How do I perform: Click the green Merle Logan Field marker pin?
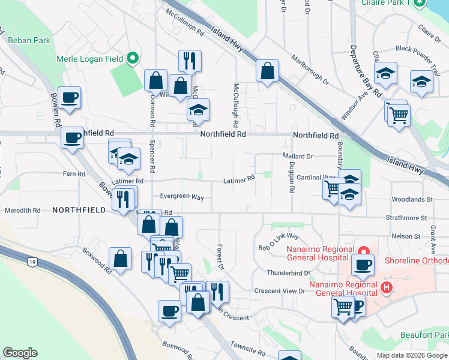[x=133, y=59]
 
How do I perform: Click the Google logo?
[x=20, y=353]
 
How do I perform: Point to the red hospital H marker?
[x=387, y=288]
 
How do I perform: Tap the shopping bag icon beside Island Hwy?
[x=267, y=71]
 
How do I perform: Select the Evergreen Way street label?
[x=182, y=197]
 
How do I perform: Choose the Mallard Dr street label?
[x=298, y=156]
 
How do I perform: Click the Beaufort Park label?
[x=425, y=334]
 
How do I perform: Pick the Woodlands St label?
[x=412, y=199]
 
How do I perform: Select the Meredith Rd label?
[x=22, y=211]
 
